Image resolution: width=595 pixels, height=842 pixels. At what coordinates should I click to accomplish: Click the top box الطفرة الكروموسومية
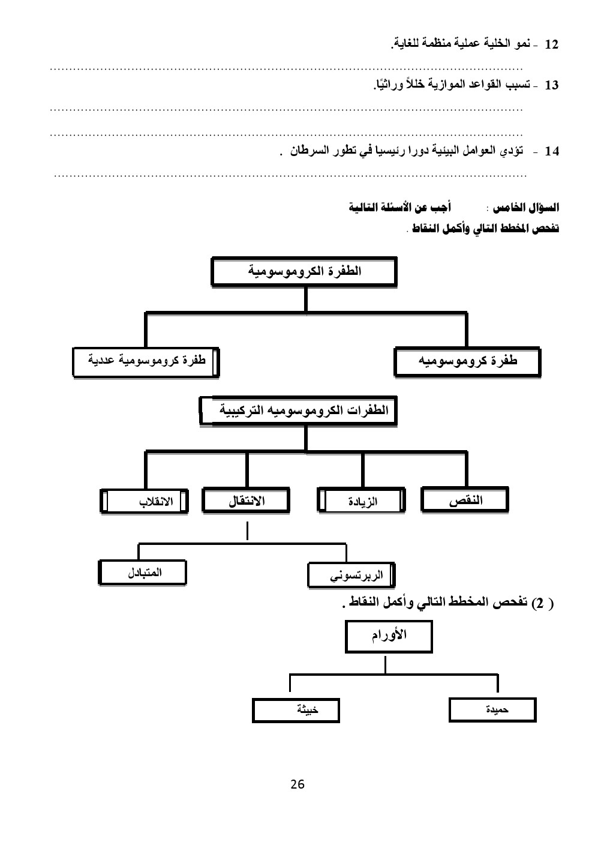click(x=304, y=271)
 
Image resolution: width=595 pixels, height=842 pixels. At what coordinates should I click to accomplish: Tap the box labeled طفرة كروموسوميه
click(x=467, y=362)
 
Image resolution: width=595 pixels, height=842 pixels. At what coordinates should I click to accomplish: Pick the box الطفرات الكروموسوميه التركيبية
click(x=298, y=412)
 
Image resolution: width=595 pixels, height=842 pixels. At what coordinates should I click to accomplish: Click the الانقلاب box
click(x=144, y=502)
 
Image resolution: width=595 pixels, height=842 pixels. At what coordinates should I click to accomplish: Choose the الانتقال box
click(x=246, y=501)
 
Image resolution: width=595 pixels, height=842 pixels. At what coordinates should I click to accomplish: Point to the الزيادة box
click(x=361, y=502)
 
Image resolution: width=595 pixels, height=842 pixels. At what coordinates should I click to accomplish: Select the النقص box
click(x=465, y=501)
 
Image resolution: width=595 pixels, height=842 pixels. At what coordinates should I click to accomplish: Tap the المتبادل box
click(x=145, y=573)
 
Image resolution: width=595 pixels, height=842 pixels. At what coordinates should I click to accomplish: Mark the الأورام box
click(x=389, y=637)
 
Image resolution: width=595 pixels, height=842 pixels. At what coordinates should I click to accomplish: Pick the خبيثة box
click(x=296, y=711)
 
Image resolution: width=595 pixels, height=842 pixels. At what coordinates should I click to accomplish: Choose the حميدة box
click(x=492, y=711)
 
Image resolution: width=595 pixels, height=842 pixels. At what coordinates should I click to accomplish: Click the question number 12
click(x=551, y=45)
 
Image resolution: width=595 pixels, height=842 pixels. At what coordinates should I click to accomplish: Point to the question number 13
click(x=551, y=86)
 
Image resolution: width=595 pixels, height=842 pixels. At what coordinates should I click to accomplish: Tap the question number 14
click(x=551, y=152)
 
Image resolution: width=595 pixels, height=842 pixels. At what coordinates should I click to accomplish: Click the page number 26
click(x=297, y=784)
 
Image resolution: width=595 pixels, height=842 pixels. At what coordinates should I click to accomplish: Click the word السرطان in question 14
click(x=306, y=151)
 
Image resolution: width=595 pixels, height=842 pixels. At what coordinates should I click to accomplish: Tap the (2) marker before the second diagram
click(x=542, y=604)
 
